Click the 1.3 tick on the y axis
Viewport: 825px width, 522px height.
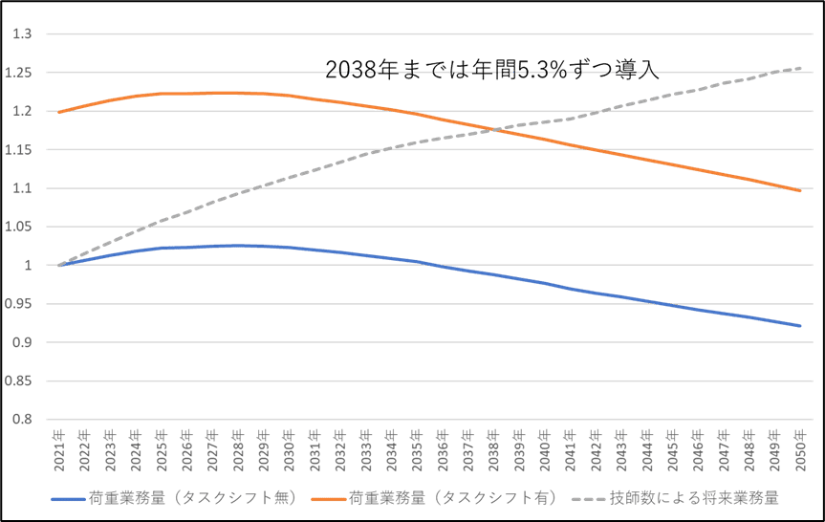pos(23,35)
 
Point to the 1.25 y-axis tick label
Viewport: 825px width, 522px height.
pos(21,74)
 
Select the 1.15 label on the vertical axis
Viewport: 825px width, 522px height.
pos(21,150)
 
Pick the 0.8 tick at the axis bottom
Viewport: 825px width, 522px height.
pos(23,419)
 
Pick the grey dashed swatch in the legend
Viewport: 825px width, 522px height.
pos(589,499)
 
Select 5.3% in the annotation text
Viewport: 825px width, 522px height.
pos(543,70)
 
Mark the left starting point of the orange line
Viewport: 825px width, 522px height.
pos(59,112)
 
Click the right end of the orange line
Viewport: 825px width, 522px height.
pos(800,191)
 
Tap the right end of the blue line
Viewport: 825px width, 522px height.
pos(800,326)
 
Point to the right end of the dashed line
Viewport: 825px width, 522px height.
pos(800,68)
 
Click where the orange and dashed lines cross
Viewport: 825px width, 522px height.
pos(488,129)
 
